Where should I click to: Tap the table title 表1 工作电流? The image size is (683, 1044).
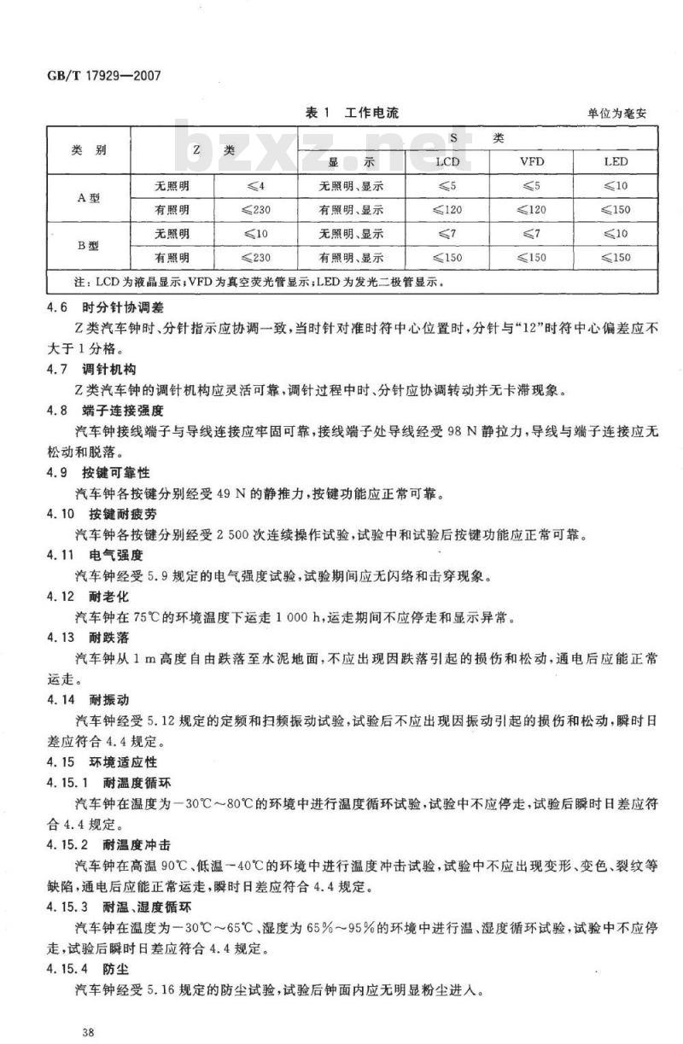click(x=351, y=113)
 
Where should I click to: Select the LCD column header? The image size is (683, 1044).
click(x=447, y=161)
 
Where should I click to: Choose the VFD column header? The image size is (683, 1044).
click(x=532, y=161)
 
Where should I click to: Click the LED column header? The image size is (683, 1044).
click(x=616, y=161)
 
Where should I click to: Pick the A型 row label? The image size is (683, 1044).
click(x=89, y=197)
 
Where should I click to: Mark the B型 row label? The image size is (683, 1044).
click(x=89, y=245)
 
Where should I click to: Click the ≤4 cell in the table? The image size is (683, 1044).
click(x=255, y=185)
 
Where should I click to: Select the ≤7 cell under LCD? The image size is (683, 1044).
click(x=447, y=233)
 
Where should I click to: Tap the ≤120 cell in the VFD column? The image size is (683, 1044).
click(x=532, y=209)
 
